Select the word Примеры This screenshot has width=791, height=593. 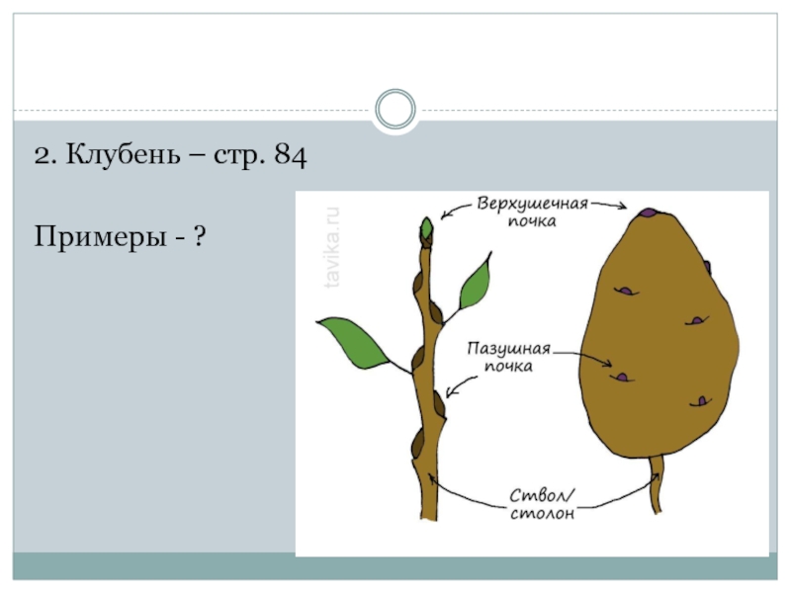(97, 236)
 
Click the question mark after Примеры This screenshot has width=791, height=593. (200, 236)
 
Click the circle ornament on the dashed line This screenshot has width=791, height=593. (395, 110)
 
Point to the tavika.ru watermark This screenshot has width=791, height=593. (333, 248)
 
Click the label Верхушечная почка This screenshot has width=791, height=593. (532, 212)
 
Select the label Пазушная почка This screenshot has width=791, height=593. (511, 357)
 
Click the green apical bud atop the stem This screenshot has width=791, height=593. (427, 229)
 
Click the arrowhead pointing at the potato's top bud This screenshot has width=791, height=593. (623, 208)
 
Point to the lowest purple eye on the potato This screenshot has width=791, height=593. (702, 401)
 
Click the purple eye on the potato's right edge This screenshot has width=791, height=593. (707, 266)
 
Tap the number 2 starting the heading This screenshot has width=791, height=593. (42, 155)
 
